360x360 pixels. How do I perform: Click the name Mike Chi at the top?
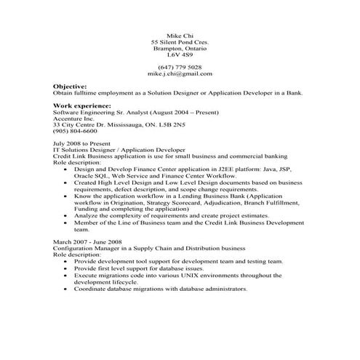(x=180, y=36)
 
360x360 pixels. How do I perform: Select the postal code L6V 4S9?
(x=180, y=55)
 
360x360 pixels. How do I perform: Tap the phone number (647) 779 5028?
(x=180, y=67)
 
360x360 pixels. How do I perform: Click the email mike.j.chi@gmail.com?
(x=180, y=73)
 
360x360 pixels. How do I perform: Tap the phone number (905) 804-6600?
(x=76, y=130)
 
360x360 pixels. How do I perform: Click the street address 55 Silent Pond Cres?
(x=180, y=42)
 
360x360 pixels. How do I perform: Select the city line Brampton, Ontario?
(x=180, y=48)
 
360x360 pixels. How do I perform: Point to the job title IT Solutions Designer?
(x=85, y=150)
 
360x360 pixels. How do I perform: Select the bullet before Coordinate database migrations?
(x=66, y=289)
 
